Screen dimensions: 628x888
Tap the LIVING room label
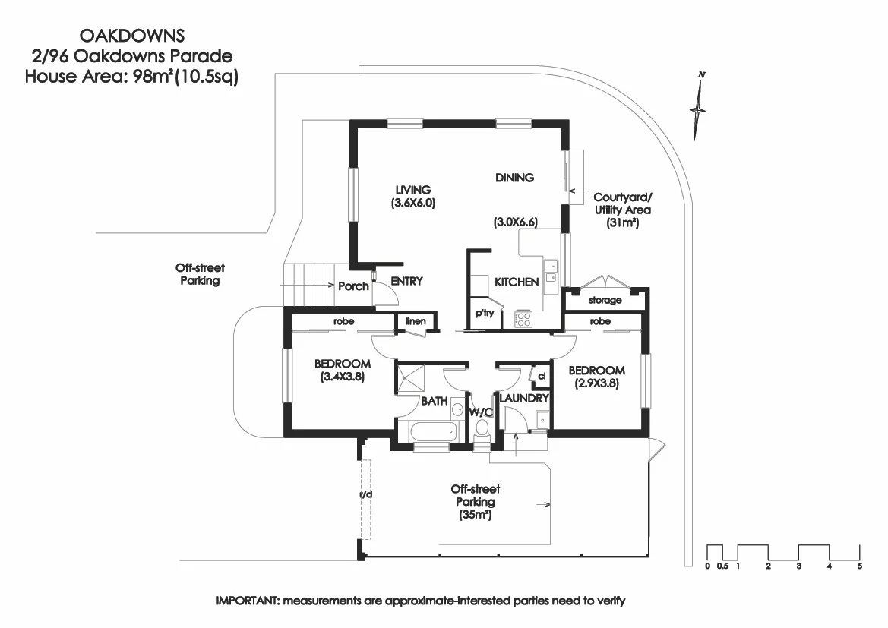coord(412,190)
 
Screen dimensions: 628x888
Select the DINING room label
coord(514,178)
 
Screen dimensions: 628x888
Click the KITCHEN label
coord(517,282)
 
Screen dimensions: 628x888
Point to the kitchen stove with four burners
coord(522,319)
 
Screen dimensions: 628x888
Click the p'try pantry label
coord(484,313)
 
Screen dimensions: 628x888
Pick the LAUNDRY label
coord(523,398)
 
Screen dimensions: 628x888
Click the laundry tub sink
coord(539,420)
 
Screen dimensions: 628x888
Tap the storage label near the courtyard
coord(605,301)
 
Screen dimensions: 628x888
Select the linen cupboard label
coord(415,321)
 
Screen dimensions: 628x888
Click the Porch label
coord(353,286)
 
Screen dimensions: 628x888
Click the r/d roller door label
coord(365,495)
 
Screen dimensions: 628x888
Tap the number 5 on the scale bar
coord(859,566)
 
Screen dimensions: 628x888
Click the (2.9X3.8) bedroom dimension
coord(597,383)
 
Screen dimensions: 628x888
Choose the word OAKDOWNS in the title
coord(131,35)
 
